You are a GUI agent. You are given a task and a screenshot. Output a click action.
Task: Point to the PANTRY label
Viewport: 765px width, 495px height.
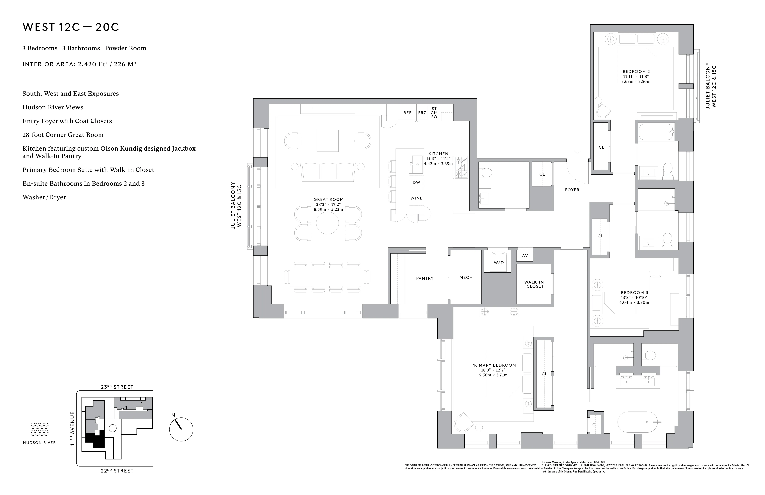425,278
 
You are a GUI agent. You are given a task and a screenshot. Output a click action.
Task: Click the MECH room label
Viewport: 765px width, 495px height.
466,277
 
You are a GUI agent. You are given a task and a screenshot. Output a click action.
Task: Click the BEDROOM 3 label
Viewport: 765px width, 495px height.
634,292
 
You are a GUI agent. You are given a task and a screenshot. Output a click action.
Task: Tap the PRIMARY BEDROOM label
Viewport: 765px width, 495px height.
493,365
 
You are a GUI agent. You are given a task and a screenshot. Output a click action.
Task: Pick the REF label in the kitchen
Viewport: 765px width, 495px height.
407,113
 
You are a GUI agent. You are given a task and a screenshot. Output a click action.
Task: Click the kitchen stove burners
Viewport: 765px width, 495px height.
461,167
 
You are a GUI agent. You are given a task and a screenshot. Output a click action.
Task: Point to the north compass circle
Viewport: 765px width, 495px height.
181,429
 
